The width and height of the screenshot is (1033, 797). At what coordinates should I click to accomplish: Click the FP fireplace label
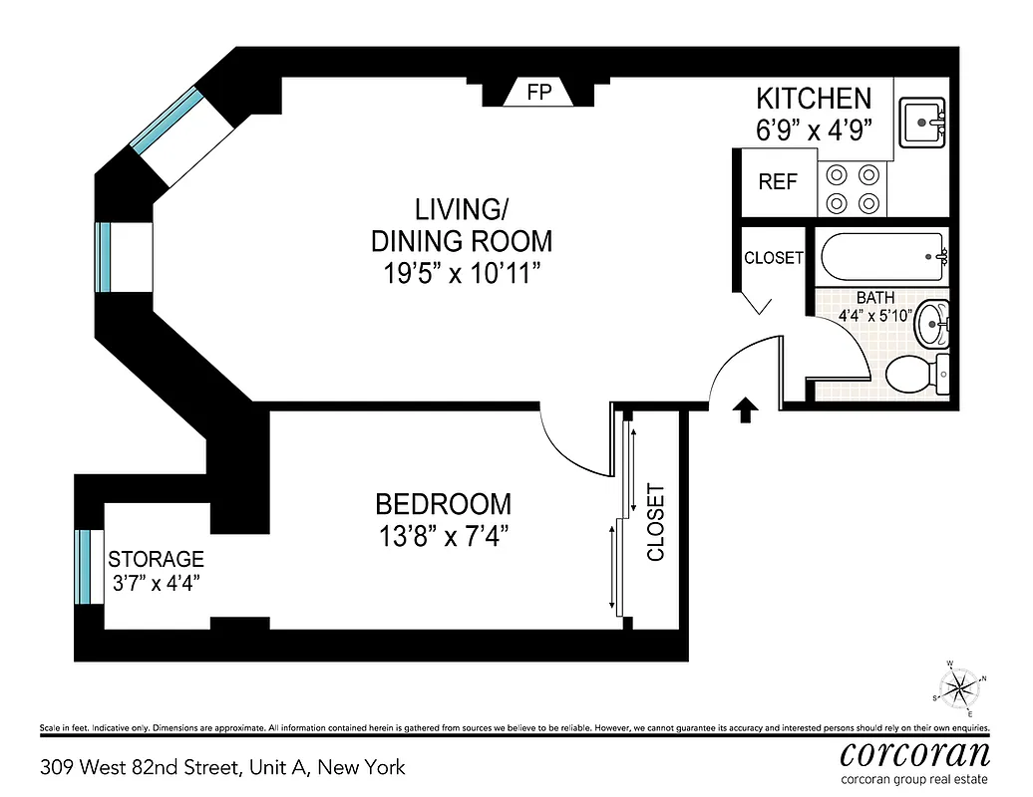[539, 93]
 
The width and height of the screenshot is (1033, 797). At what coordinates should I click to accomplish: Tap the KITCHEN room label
[814, 98]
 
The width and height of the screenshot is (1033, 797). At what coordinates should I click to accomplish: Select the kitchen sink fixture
[924, 123]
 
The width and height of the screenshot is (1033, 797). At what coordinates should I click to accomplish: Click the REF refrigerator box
[778, 182]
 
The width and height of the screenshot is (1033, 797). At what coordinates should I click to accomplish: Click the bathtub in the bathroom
[882, 257]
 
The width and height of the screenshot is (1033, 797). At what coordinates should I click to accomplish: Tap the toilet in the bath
[916, 376]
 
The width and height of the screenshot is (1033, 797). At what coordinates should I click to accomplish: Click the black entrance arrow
[744, 409]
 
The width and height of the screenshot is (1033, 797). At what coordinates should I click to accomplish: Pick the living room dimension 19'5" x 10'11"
[461, 273]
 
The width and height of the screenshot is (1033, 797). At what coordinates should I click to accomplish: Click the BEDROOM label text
[443, 504]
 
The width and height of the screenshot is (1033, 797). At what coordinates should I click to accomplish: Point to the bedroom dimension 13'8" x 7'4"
[443, 536]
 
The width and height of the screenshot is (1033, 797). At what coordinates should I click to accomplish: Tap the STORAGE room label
[156, 559]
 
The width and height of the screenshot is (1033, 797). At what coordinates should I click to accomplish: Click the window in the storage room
[84, 566]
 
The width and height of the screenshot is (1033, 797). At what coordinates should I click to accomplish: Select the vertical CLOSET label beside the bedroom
[655, 521]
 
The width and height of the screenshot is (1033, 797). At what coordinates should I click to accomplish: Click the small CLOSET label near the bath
[773, 257]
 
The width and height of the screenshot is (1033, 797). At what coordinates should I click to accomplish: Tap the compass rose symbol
[961, 685]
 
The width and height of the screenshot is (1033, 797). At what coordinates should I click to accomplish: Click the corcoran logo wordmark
[914, 750]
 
